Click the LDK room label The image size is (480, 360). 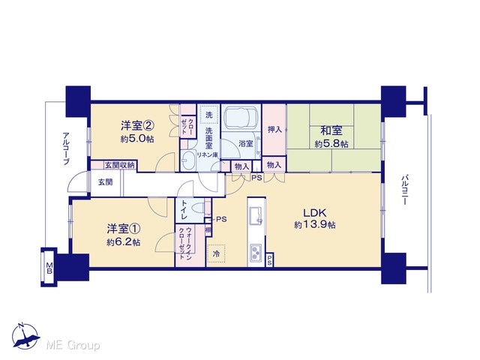[314, 212]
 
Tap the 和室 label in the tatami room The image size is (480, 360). [331, 130]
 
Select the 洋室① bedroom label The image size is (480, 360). [124, 229]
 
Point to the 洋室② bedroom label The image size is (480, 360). [137, 125]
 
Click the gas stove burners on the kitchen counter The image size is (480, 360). [256, 253]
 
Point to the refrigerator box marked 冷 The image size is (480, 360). [216, 253]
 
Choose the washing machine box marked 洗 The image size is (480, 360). [208, 115]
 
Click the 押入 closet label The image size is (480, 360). [274, 130]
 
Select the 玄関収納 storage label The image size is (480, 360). [120, 165]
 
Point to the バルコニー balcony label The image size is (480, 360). [405, 190]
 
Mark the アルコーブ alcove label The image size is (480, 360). [66, 148]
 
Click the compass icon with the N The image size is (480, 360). [25, 337]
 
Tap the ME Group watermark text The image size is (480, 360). [73, 345]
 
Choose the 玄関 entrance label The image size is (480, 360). [105, 182]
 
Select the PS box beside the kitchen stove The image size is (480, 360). [269, 260]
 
